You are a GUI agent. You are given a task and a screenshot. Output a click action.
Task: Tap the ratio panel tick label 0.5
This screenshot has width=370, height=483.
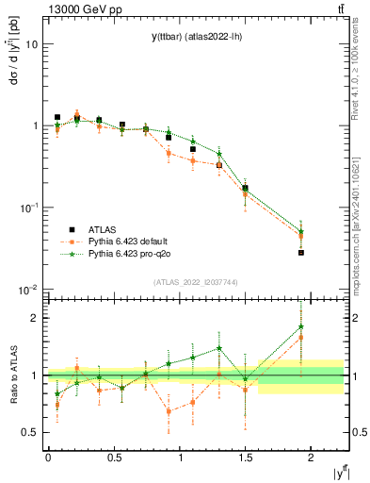tap(31, 432)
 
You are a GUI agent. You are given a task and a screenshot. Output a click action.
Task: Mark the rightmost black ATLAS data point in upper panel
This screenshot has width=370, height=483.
tap(301, 253)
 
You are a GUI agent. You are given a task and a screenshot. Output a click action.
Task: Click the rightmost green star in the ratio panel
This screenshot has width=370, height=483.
tap(301, 327)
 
